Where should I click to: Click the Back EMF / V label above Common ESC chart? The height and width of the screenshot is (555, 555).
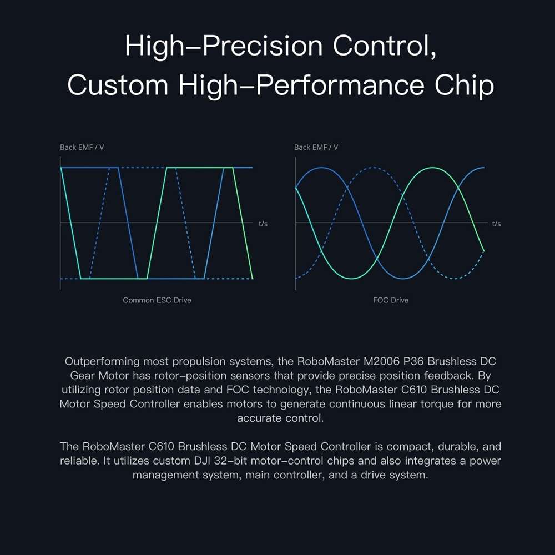pos(82,147)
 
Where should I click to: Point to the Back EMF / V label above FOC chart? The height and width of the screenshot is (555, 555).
pos(316,147)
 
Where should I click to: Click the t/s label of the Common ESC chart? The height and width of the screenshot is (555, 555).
pos(263,224)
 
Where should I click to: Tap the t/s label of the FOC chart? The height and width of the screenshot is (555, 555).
pos(496,224)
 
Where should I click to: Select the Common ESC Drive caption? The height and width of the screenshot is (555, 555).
pos(157,300)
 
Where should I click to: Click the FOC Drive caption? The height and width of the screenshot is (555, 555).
pos(391,300)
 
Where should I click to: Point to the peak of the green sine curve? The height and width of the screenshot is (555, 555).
pos(431,167)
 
